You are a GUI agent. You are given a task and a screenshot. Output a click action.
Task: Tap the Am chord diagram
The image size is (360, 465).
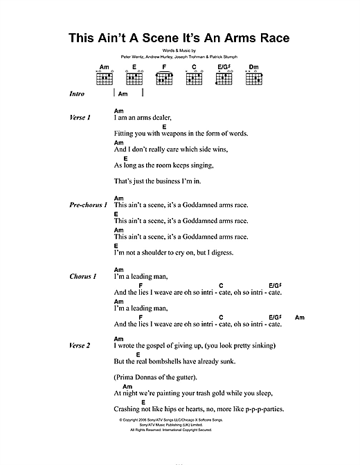coord(105,77)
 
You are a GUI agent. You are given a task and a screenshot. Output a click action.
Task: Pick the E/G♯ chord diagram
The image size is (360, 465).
coord(223,77)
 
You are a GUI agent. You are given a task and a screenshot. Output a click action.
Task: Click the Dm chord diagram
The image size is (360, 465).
coord(252,77)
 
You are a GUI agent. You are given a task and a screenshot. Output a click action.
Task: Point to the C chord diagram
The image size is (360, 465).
coord(195,77)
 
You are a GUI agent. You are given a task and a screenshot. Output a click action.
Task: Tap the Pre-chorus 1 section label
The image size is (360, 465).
coord(87,206)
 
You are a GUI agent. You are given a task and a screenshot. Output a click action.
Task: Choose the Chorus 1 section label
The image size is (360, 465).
coord(83,277)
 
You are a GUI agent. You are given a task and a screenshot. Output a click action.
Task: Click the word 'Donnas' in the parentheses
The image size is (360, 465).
coord(152,377)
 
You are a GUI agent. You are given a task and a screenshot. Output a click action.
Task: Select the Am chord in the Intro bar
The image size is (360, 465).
coord(124,93)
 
